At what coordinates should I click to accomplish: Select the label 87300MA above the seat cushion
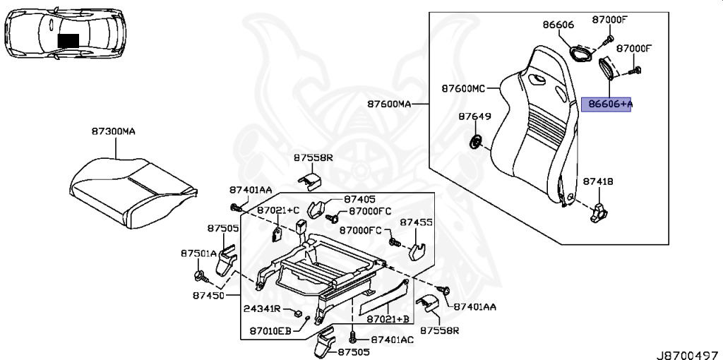click(112, 131)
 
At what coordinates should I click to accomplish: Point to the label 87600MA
click(388, 104)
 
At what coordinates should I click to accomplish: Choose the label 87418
click(597, 181)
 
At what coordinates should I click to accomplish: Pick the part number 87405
click(360, 200)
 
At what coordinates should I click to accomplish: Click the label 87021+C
click(278, 210)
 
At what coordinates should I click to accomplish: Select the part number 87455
click(417, 222)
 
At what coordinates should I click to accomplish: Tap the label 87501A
click(198, 253)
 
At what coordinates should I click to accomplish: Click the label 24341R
click(262, 309)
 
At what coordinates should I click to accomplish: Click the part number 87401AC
click(392, 340)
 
